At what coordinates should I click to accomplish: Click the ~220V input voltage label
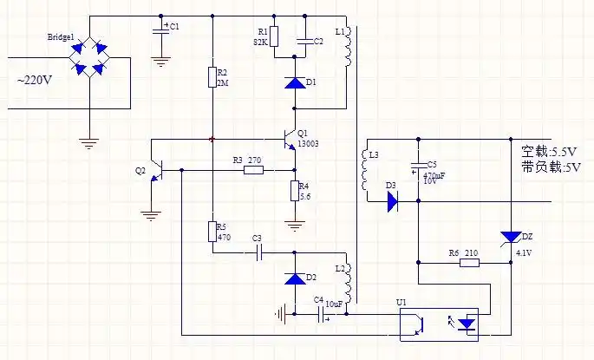coord(35,82)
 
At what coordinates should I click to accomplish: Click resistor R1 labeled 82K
coord(274,36)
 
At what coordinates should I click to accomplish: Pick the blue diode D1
coord(295,83)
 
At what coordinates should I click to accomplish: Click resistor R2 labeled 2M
coord(212,77)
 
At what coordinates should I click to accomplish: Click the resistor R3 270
coord(253,170)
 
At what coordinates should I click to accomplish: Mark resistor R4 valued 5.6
coord(295,191)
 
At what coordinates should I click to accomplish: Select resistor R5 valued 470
coord(212,231)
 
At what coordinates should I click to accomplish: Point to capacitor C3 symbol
coord(257,252)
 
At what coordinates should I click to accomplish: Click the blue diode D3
coord(392,202)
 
